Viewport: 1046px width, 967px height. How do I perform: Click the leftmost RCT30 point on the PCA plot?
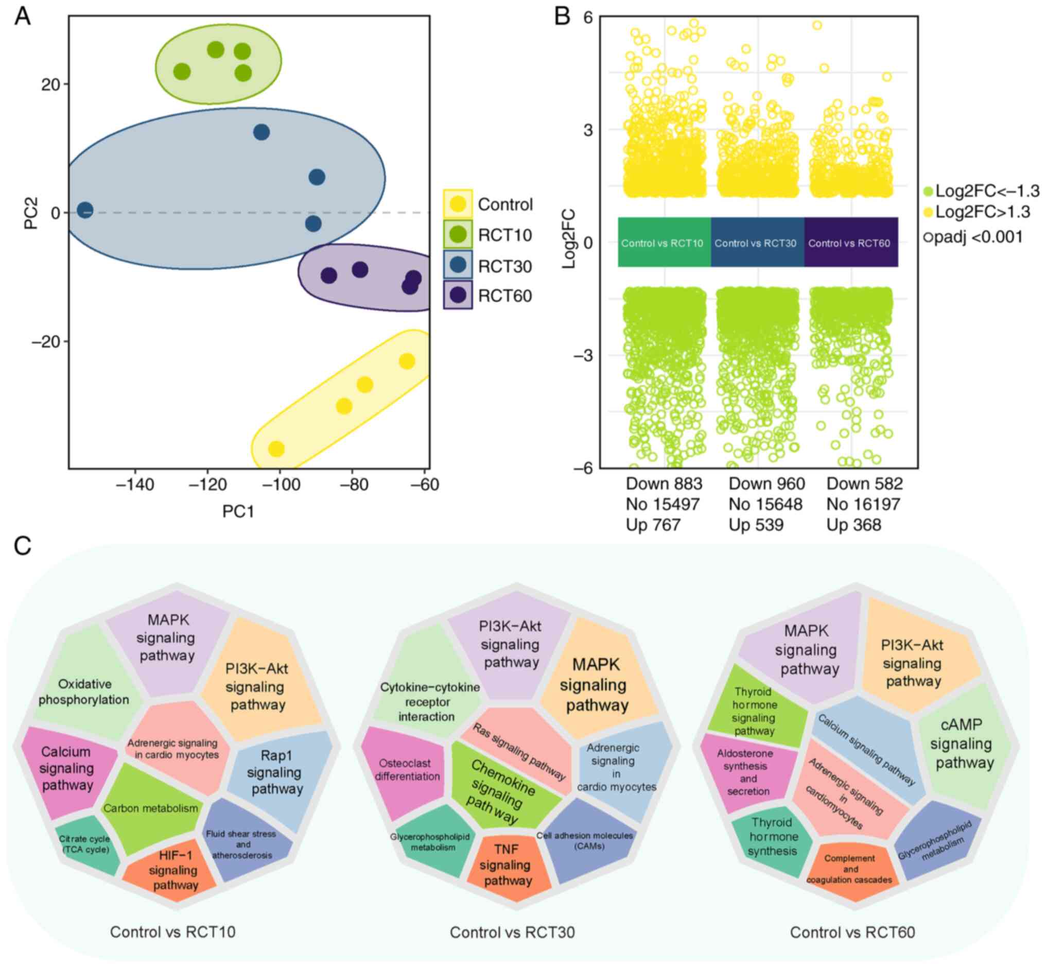[x=85, y=211]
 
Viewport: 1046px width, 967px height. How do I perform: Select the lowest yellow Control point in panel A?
[x=276, y=448]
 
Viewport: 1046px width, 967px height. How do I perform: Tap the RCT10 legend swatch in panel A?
[x=458, y=234]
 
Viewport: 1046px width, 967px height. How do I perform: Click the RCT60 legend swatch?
[x=458, y=295]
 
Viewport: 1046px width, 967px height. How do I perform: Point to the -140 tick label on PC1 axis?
[x=135, y=486]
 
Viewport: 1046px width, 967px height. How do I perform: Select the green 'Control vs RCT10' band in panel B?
[x=663, y=243]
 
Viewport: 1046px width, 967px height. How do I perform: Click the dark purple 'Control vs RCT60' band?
[x=850, y=243]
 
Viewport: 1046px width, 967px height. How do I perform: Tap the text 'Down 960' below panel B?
[x=766, y=484]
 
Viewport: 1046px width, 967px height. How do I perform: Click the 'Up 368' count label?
[x=853, y=524]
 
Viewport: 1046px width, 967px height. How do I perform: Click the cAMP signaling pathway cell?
[x=961, y=744]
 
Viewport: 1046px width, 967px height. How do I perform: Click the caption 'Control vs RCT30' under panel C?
[x=512, y=933]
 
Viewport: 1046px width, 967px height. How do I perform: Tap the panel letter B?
[x=562, y=17]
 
